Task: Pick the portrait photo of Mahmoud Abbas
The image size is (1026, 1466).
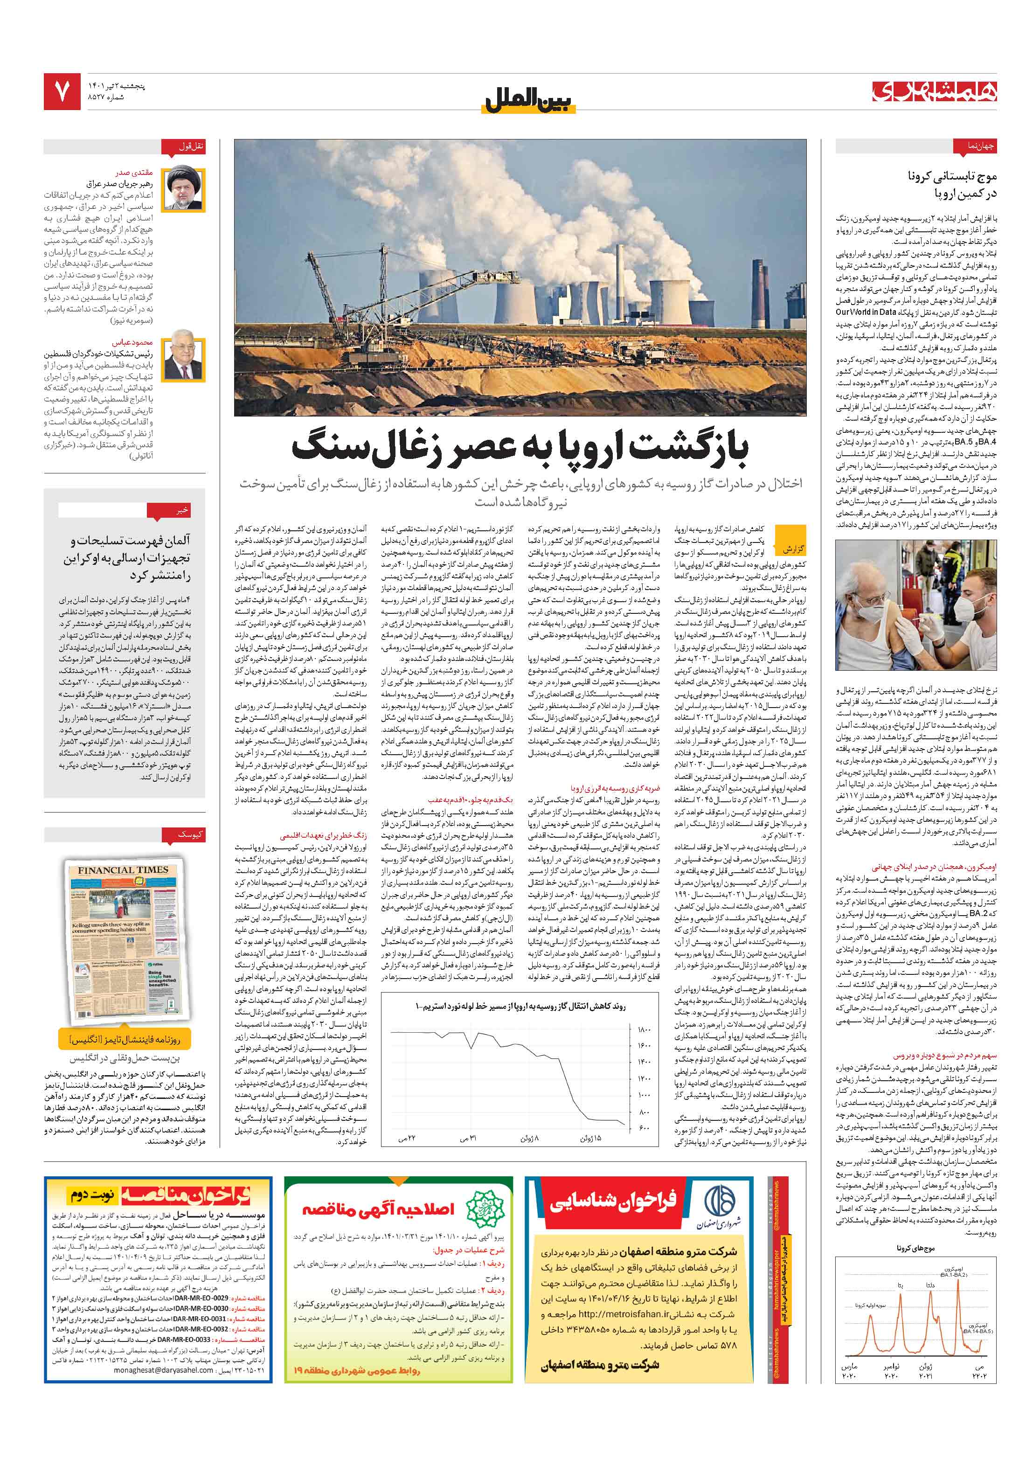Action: click(x=184, y=360)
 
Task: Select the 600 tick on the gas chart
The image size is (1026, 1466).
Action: click(x=644, y=1127)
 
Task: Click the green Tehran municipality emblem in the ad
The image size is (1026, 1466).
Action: click(x=485, y=1208)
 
